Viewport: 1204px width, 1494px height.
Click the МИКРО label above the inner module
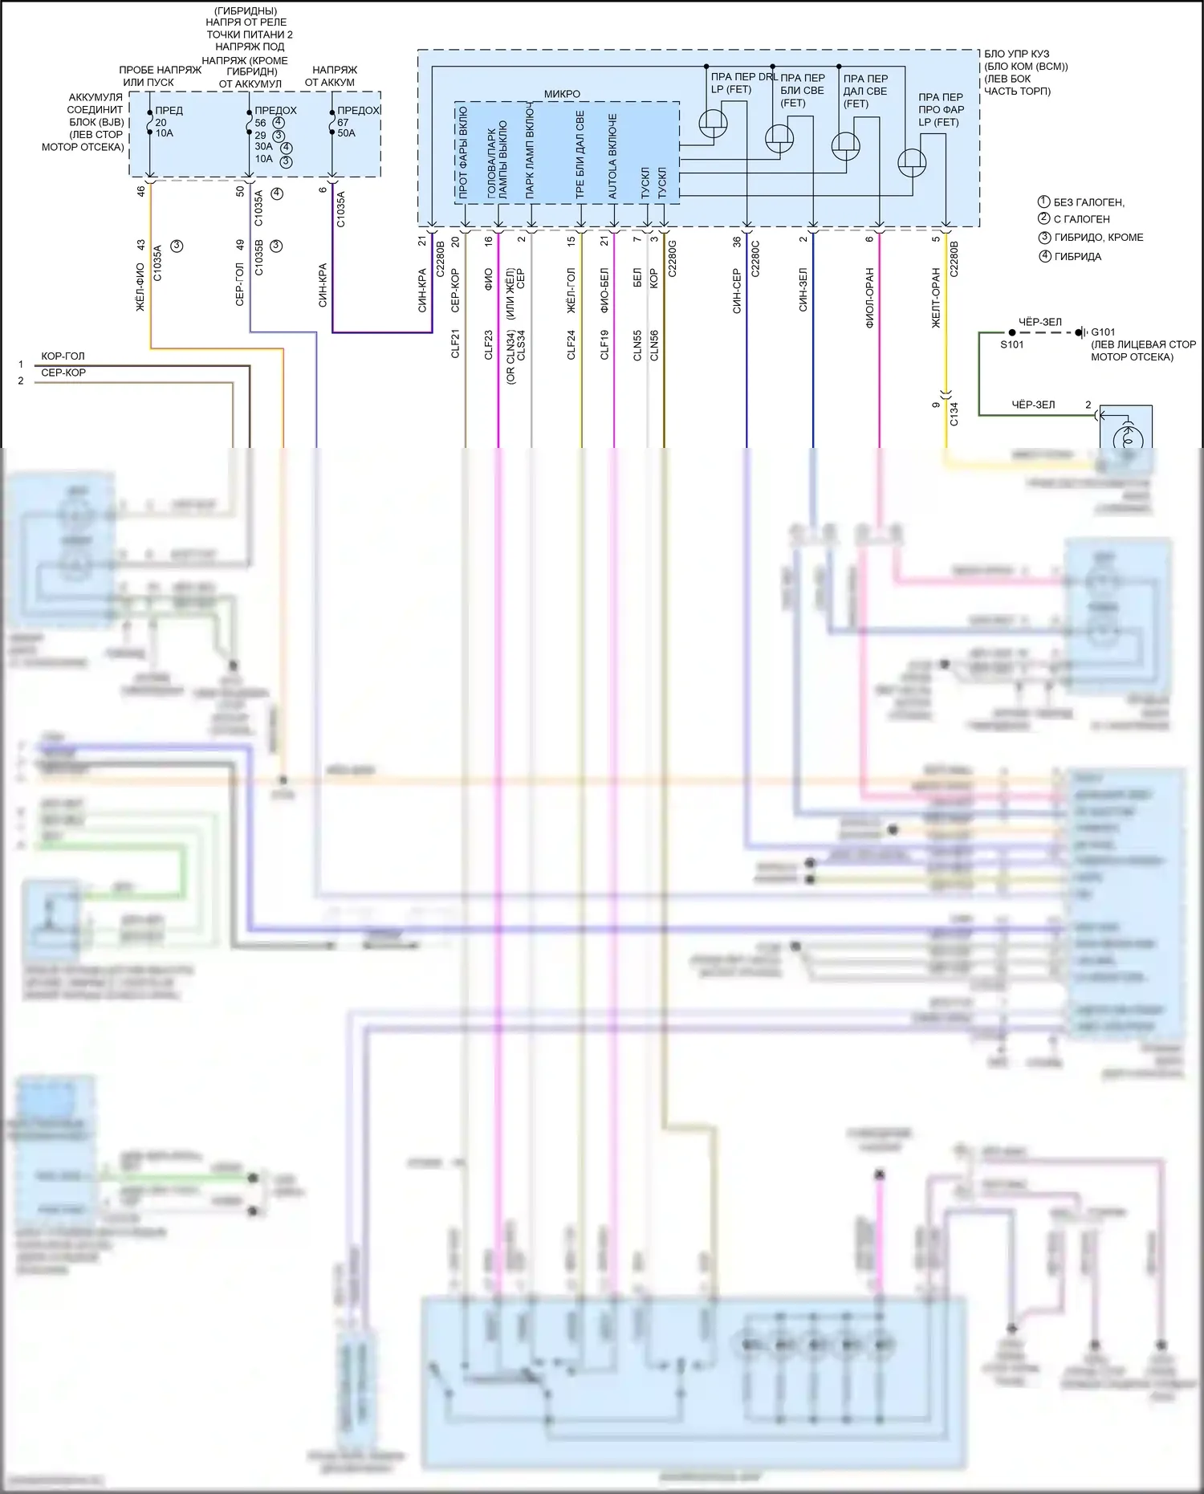click(x=562, y=94)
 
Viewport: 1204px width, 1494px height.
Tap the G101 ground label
click(x=1103, y=332)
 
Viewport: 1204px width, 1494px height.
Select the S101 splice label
click(x=1011, y=344)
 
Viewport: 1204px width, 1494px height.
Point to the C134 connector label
click(x=954, y=414)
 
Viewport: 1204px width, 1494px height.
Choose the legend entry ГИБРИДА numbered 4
click(x=1077, y=257)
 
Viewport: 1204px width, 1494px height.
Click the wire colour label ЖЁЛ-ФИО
click(x=140, y=287)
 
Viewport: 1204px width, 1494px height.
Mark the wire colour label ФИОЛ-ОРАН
click(x=870, y=298)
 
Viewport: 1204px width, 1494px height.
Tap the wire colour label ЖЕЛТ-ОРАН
click(x=936, y=298)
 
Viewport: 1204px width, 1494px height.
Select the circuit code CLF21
click(x=455, y=344)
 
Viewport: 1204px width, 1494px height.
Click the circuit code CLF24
click(x=571, y=344)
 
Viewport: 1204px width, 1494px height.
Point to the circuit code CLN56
click(x=654, y=345)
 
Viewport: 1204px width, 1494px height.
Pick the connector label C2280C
click(x=755, y=258)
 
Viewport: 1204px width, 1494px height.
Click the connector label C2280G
click(x=673, y=258)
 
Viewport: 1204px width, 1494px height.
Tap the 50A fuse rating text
click(x=346, y=133)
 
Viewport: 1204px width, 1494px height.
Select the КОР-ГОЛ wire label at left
click(x=63, y=356)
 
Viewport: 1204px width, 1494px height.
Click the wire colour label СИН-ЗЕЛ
click(x=803, y=290)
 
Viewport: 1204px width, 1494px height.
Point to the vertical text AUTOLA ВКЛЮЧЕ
click(x=613, y=156)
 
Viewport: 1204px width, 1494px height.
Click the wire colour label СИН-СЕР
click(x=737, y=291)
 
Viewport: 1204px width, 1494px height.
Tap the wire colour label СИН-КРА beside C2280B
click(x=423, y=290)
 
